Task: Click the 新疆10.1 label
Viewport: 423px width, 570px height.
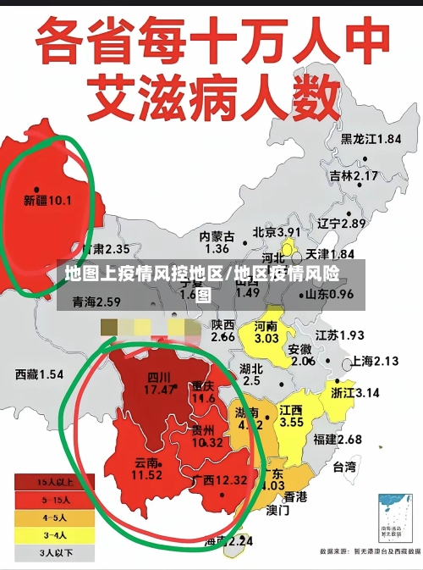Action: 47,201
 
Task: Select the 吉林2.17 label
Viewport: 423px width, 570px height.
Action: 354,176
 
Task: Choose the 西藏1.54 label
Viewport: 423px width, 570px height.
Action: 39,374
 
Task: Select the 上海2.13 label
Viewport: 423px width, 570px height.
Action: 374,361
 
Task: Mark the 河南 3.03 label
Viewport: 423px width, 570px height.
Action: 266,332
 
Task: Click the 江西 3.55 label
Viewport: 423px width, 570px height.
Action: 292,416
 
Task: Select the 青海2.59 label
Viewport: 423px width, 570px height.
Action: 96,302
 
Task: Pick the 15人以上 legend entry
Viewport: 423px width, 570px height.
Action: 53,482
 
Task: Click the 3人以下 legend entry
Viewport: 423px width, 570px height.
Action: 53,553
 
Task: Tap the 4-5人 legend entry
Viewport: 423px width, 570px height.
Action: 53,517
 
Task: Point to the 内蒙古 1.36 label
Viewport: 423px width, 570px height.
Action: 217,242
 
